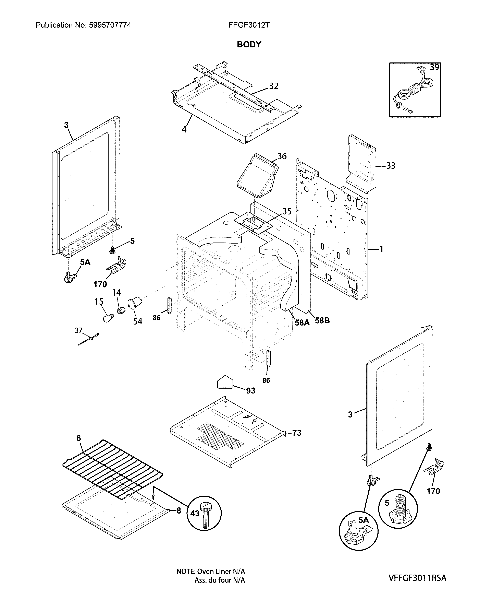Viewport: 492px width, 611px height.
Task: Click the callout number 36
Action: point(282,156)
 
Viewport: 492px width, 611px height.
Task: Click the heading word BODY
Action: point(249,45)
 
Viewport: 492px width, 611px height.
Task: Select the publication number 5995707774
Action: point(110,25)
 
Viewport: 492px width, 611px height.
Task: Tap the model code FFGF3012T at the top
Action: point(249,25)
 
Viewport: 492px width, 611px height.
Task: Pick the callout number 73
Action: point(296,433)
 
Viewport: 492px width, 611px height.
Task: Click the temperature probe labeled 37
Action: point(88,339)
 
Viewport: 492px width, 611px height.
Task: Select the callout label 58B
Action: point(322,321)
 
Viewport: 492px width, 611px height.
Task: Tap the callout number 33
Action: point(391,166)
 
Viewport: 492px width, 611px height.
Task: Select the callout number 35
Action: point(287,211)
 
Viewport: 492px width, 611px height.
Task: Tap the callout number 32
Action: point(273,86)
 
